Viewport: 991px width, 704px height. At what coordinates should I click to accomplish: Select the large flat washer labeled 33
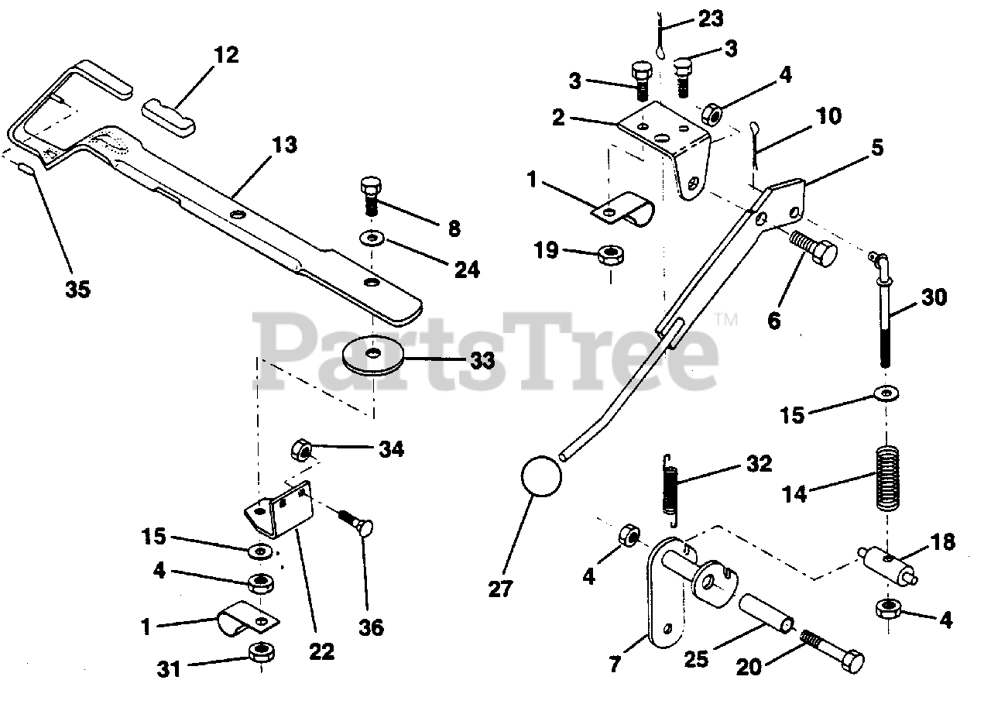pos(373,354)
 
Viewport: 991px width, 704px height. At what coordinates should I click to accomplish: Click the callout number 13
pos(284,145)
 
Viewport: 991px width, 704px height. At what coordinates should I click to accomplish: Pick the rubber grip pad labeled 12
pos(171,115)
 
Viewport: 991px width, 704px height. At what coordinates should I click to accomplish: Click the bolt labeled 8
pos(369,194)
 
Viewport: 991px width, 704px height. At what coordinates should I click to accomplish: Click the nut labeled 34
pos(303,449)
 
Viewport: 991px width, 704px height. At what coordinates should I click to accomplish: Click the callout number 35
pos(77,289)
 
